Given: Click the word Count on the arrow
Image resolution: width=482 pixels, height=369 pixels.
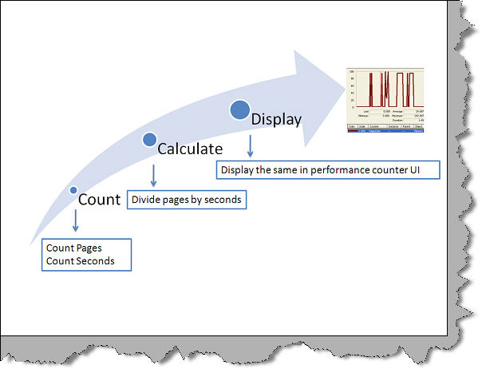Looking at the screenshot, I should coord(99,200).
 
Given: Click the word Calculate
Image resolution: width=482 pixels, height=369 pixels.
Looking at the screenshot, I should coord(189,149).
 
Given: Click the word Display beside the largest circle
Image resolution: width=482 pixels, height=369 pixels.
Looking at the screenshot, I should coord(276,120).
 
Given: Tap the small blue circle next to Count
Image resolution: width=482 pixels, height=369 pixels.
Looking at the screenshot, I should coord(73,190).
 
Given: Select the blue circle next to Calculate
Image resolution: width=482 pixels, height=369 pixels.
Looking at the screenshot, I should coord(149,139).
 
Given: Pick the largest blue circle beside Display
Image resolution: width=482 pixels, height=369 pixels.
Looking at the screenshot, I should coord(239,109).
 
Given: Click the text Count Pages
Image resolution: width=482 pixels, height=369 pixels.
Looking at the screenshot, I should coord(74,248).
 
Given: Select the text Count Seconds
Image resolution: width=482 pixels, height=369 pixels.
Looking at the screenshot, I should coord(80,260).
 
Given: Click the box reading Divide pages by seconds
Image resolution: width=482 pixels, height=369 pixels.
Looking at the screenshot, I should coord(188,199).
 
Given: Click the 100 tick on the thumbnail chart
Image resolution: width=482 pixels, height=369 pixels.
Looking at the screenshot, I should coord(351,71).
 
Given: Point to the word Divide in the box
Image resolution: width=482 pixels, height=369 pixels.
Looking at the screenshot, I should coord(146,199).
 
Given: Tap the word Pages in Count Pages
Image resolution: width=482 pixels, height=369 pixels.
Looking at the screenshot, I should coord(89,248).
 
